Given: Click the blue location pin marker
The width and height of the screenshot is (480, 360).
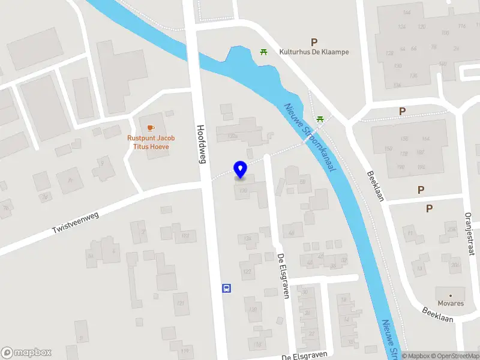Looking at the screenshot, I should [x=241, y=170].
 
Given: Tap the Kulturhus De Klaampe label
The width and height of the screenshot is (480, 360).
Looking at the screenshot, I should [x=314, y=52].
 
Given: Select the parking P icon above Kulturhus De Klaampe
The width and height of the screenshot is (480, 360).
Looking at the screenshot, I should [x=314, y=42].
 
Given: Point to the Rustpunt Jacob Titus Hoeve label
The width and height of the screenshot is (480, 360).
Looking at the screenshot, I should [x=151, y=142].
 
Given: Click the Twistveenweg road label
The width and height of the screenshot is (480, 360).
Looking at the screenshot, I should [x=75, y=220].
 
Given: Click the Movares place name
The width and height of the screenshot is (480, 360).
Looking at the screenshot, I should [x=451, y=304].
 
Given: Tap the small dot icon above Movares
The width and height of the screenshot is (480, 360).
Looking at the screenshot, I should [x=451, y=296].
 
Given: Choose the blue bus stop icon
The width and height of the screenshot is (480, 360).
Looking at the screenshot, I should [x=227, y=287].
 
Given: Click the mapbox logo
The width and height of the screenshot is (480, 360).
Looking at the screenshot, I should [x=26, y=353].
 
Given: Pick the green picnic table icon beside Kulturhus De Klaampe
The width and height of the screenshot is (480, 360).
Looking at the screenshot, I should [x=263, y=52].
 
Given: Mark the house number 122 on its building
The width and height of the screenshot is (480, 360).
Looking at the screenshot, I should [x=246, y=272].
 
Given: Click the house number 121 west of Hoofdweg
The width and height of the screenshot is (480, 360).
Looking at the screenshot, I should [x=180, y=303].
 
